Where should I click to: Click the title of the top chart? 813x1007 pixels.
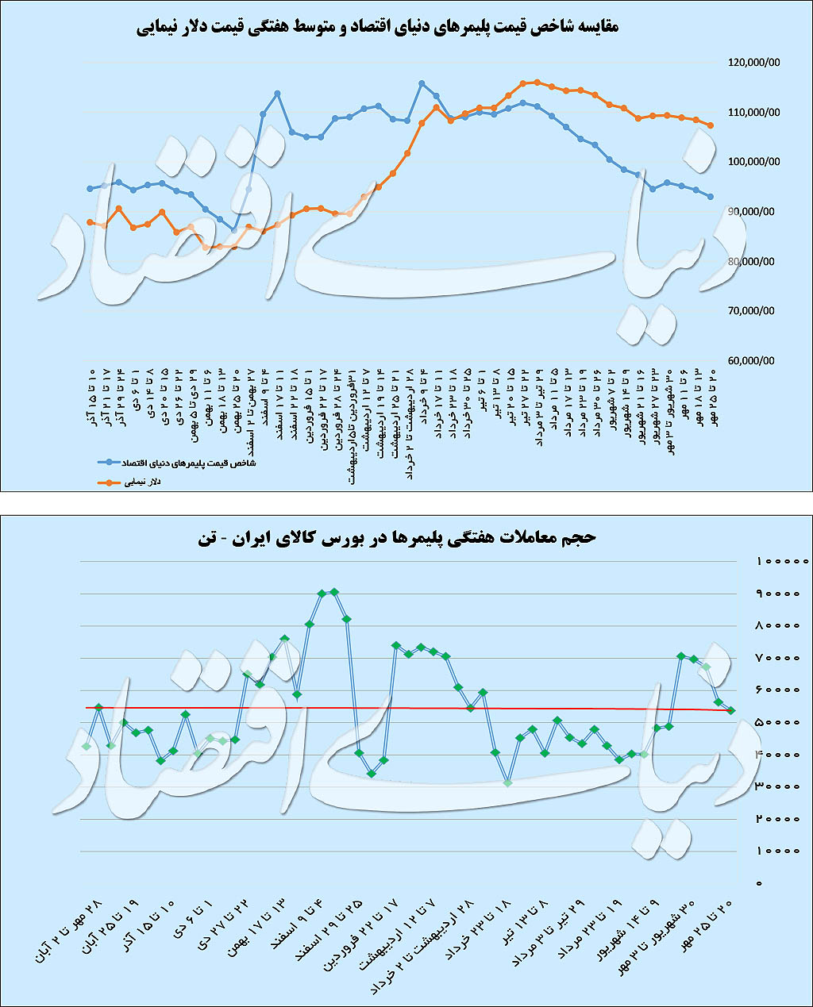(378, 26)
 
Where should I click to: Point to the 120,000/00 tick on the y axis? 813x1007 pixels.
(752, 63)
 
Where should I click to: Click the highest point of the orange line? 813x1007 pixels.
(538, 82)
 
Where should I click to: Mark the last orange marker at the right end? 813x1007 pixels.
(711, 125)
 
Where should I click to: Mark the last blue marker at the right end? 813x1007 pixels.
(711, 197)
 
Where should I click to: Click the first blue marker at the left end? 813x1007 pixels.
(91, 189)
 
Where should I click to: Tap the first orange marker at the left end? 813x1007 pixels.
(91, 222)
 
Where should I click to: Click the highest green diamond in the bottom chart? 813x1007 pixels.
(334, 591)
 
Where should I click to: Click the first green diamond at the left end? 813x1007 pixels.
(87, 746)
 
